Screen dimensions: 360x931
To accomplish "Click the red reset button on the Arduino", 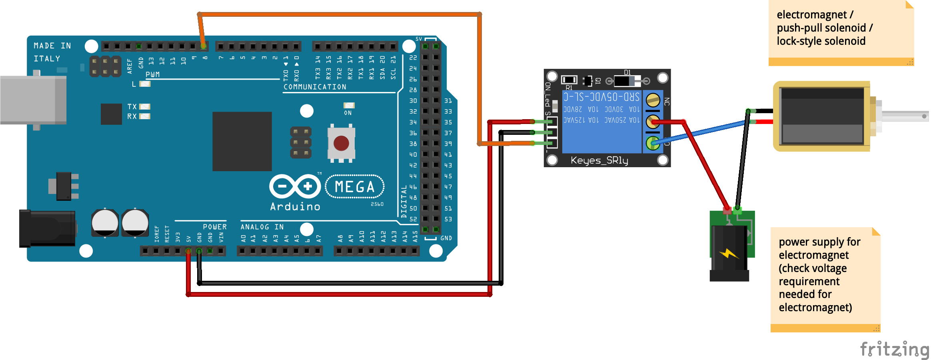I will point(341,143).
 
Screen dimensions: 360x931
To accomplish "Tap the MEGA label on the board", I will point(355,187).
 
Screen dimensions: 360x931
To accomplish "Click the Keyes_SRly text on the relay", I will point(599,160).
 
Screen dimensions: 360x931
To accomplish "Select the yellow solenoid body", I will point(822,116).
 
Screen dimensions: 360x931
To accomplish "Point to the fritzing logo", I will point(894,349).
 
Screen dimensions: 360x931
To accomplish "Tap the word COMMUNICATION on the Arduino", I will point(315,87).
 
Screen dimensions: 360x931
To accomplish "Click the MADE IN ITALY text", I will point(52,52).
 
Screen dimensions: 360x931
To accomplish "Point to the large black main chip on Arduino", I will point(242,141).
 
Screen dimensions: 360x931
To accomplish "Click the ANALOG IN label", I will point(262,227).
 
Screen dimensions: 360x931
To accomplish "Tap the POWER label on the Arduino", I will point(215,227).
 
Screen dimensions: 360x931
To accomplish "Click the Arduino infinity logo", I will point(295,186).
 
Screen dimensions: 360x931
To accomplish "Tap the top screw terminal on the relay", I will point(653,100).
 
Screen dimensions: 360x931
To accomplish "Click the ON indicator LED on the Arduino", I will point(349,106).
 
